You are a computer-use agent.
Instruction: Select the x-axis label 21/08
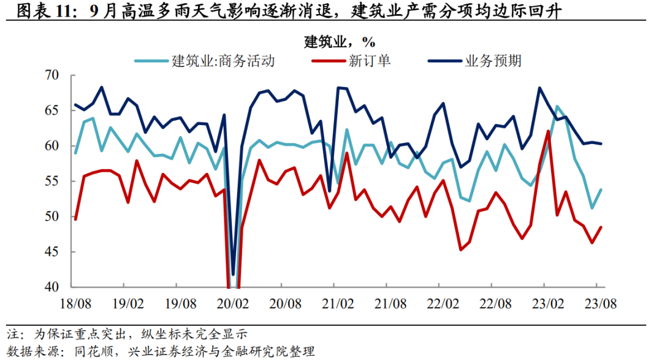[x=390, y=304]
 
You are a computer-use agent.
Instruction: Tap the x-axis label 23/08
[x=601, y=304]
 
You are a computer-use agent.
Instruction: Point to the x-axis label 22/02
[x=443, y=304]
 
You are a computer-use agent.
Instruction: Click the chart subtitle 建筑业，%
[x=339, y=42]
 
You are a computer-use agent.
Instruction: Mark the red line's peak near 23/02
[x=548, y=131]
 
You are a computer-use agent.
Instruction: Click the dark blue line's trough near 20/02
[x=233, y=274]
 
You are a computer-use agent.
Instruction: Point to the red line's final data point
[x=601, y=228]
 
